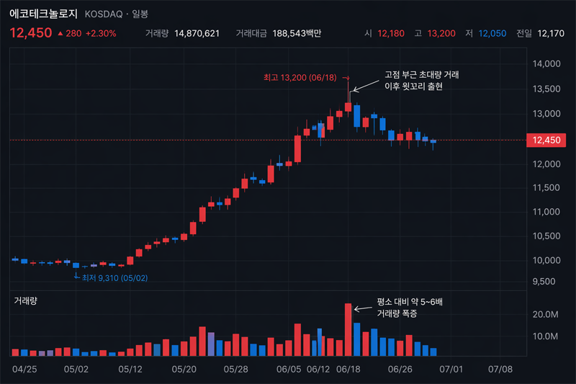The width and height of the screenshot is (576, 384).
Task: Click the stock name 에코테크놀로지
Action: coord(44,14)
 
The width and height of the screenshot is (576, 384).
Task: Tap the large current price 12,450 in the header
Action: coord(31,33)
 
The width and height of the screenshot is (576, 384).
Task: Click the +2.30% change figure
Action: coord(100,34)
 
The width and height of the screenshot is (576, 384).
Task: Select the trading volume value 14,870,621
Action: coord(197,34)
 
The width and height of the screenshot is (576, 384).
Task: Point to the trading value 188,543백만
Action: coord(297,34)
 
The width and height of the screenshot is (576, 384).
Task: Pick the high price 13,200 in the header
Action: coord(442,34)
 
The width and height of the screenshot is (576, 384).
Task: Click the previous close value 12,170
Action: coord(552,34)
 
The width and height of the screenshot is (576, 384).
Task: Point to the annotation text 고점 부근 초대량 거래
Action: coord(422,75)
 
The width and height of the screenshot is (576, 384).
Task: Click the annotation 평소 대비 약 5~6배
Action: coord(410,303)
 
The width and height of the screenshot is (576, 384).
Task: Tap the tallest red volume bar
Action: coord(348,329)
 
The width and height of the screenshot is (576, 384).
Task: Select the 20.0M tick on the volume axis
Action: coord(545,315)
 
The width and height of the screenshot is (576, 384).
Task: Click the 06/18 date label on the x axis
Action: coord(348,369)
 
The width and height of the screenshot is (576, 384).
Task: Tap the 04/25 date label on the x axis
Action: coord(25,369)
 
